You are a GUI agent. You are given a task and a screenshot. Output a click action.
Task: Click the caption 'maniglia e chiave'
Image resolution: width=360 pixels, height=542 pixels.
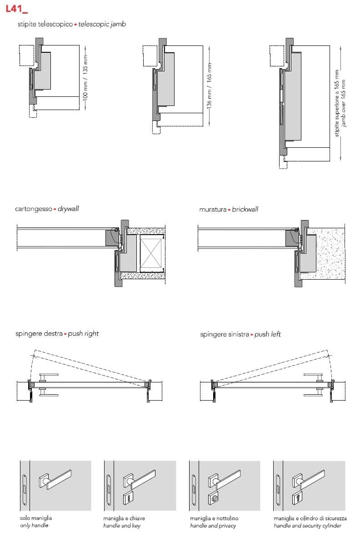point(124,518)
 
